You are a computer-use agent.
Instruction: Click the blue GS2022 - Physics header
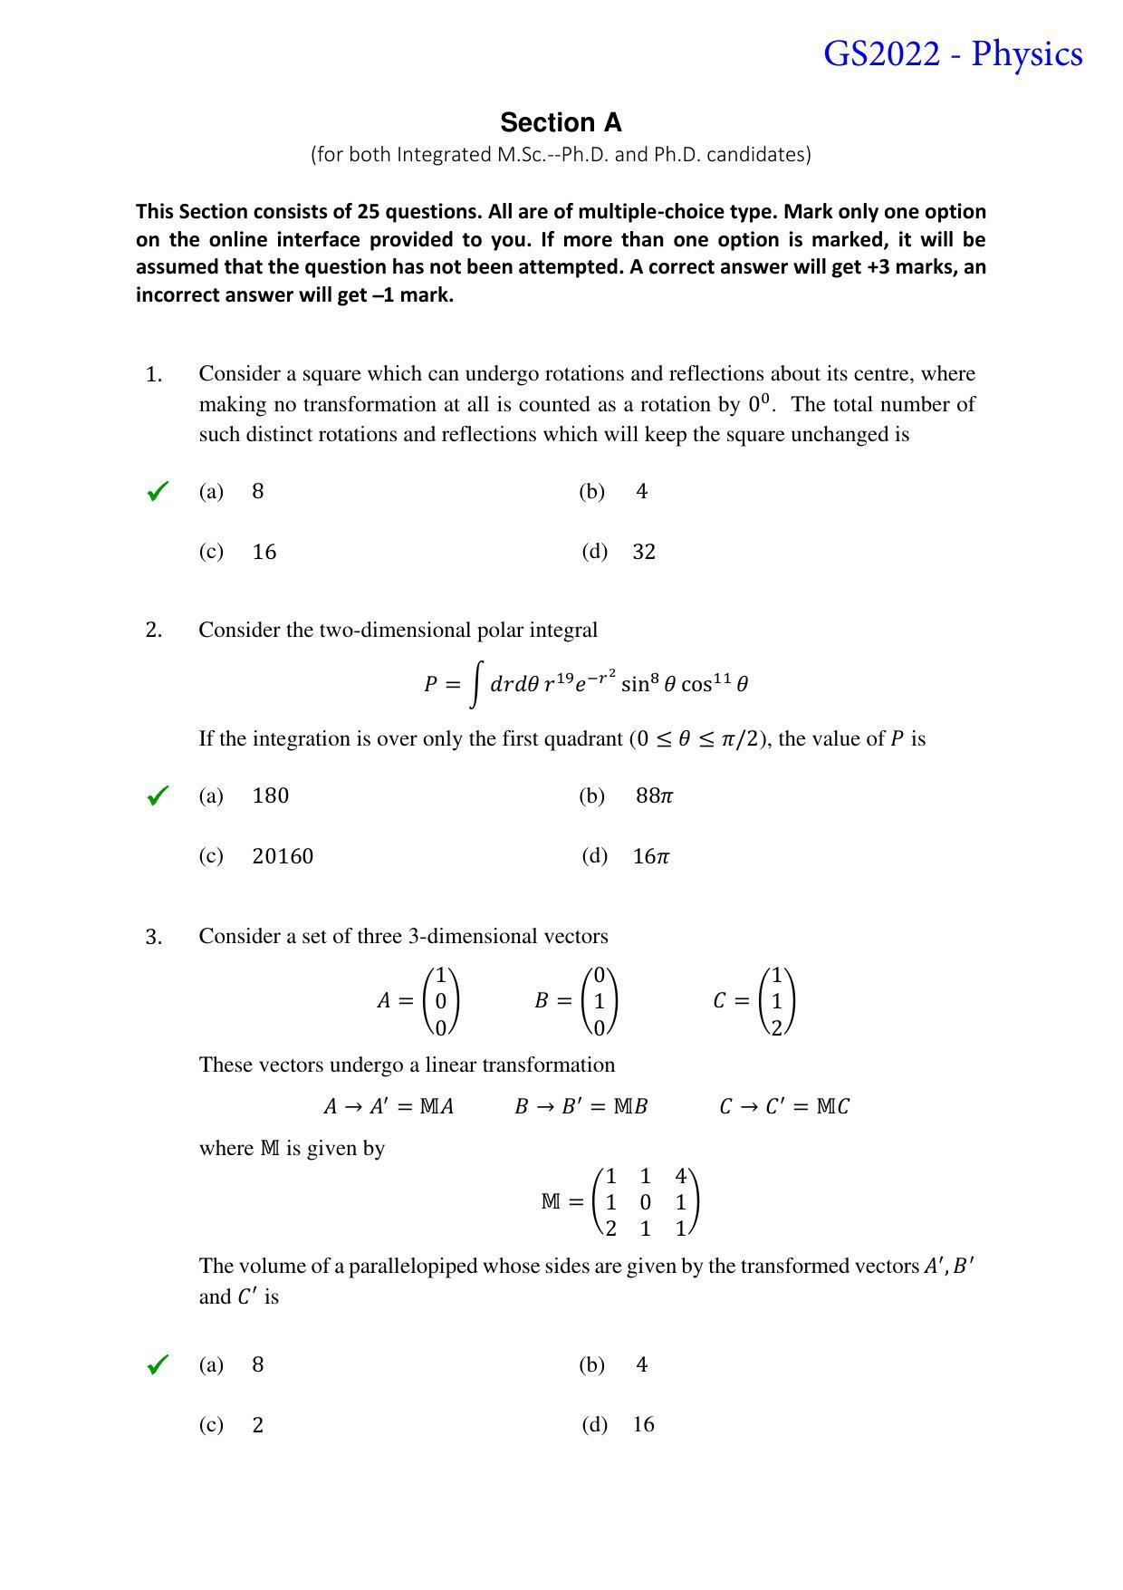tap(952, 54)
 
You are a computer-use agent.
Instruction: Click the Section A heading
tap(561, 122)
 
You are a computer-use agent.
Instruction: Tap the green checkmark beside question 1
tap(158, 492)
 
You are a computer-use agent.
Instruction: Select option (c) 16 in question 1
tap(264, 552)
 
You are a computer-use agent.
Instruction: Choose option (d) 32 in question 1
tap(643, 552)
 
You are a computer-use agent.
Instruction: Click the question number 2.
tap(154, 631)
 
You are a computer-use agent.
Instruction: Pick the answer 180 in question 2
tap(270, 795)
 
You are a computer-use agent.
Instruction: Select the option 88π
tap(654, 795)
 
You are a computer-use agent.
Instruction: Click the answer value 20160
tap(283, 856)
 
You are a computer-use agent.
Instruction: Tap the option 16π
tap(650, 856)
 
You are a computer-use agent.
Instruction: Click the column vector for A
tap(441, 1001)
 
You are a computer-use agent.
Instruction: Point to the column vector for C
tap(777, 1001)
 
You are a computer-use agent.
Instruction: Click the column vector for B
tap(599, 1001)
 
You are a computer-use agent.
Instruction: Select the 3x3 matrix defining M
tap(645, 1202)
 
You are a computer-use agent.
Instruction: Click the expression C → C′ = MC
tap(783, 1106)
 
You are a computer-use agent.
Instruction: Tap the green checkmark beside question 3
tap(158, 1365)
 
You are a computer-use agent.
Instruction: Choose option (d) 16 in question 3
tap(643, 1425)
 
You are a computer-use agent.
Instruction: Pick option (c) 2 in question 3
tap(258, 1425)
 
